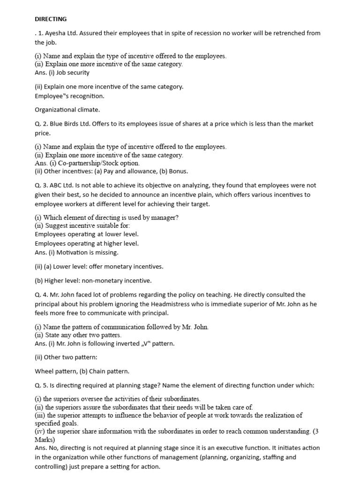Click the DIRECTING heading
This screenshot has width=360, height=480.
[x=51, y=19]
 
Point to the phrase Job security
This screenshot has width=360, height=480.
[x=74, y=73]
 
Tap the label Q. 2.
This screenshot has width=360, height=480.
[x=41, y=124]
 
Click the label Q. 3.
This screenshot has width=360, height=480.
[x=41, y=185]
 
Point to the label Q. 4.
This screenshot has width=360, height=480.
[x=41, y=295]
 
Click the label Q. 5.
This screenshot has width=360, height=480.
[x=41, y=385]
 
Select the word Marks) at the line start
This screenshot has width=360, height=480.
[x=45, y=440]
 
